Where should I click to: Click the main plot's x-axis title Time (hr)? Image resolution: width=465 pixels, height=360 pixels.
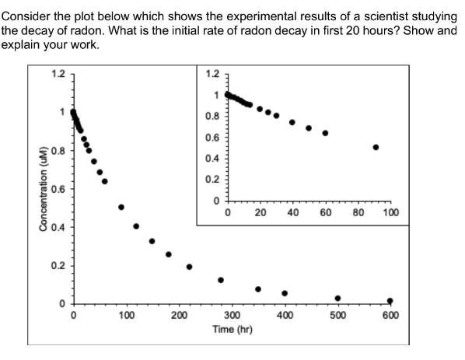pos(232,330)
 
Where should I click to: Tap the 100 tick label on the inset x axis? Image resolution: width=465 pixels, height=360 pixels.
pos(391,212)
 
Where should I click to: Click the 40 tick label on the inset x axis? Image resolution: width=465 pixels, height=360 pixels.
pos(292,212)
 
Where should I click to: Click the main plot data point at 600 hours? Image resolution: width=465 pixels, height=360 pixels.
pos(390,301)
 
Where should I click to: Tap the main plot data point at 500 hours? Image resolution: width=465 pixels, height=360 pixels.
pos(337,298)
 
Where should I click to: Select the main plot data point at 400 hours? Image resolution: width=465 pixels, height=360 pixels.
pos(285,293)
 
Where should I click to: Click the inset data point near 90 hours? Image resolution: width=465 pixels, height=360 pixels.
pos(376,147)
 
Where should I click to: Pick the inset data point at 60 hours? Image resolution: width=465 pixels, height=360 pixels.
pos(325,133)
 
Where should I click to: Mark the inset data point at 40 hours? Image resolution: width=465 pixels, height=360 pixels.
pos(292,122)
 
